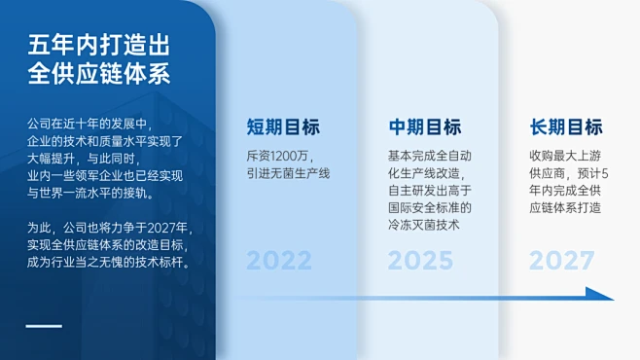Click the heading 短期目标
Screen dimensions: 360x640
tap(282, 127)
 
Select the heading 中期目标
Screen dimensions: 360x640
tap(424, 127)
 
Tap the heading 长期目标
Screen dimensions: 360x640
tap(566, 127)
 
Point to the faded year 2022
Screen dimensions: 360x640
tap(279, 261)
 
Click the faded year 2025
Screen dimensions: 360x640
tap(420, 261)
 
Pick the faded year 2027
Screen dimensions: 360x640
tap(562, 261)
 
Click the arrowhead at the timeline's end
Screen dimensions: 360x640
tap(602, 294)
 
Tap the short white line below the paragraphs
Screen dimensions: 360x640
tap(44, 326)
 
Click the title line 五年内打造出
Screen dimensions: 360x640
tap(99, 46)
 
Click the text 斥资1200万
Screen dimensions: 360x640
tap(278, 156)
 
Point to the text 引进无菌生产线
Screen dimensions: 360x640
tap(289, 173)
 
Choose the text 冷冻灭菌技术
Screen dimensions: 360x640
tap(423, 226)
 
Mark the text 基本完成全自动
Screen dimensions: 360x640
tap(429, 156)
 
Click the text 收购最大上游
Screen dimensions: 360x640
tap(564, 156)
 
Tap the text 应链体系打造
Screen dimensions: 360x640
tap(564, 208)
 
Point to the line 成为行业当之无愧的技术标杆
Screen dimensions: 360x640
tap(108, 263)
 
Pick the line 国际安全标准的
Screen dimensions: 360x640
tap(429, 208)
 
